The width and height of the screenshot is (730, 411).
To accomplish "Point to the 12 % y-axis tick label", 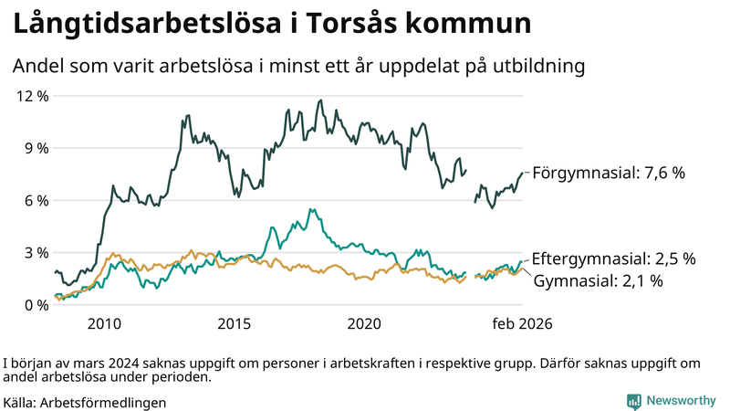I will coord(31,95).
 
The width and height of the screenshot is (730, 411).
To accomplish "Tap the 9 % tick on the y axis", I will coord(36,148).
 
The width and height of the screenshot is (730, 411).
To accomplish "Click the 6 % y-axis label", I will coord(36,200).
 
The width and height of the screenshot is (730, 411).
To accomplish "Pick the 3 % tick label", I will coord(36,253).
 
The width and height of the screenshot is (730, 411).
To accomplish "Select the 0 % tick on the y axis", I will coord(36,305).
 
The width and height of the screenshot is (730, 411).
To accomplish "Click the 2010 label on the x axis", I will coord(104,324).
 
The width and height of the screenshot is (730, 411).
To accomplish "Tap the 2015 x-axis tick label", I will coord(235,324).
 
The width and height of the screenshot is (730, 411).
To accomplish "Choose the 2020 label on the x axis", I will coord(365,324).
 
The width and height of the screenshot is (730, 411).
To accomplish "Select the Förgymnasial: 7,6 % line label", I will coord(609,172).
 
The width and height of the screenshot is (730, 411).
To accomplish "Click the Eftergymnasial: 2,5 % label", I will coord(613,258).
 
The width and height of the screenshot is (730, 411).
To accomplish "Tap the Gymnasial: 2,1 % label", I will coord(598,280).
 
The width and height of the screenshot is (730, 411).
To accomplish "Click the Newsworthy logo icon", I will coord(633,401).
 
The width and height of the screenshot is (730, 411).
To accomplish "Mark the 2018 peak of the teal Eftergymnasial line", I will coord(311,209).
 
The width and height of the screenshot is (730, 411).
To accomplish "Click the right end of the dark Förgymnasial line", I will coord(524,172).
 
